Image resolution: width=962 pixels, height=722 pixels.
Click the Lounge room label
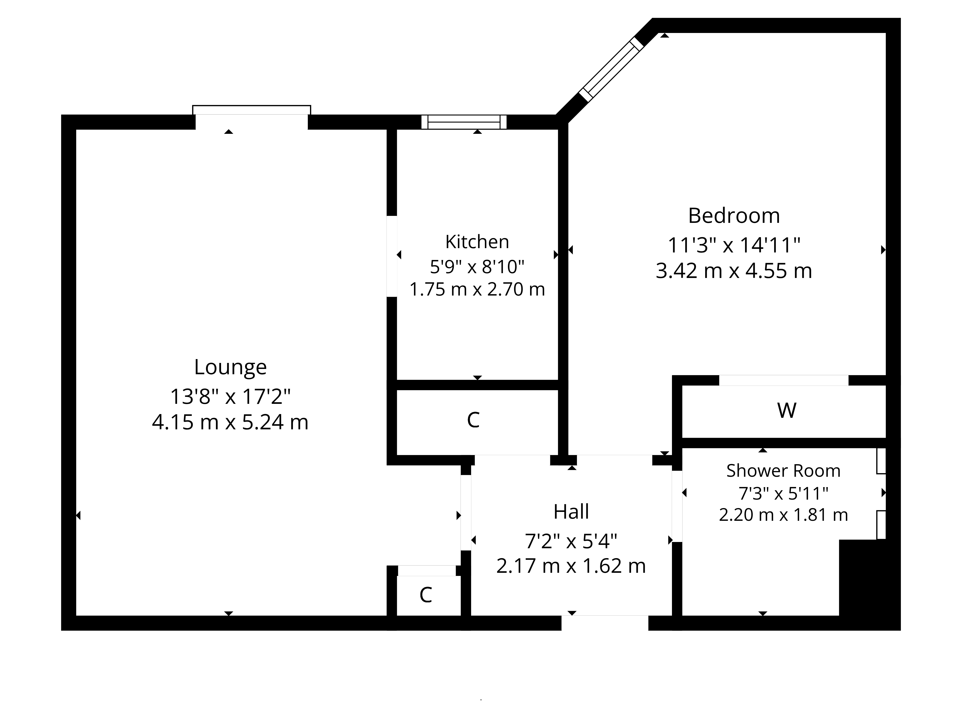click(230, 367)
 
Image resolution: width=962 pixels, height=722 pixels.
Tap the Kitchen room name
click(477, 242)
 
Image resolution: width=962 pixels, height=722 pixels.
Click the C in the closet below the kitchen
click(473, 420)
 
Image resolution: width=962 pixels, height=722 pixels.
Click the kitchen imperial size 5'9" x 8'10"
click(477, 267)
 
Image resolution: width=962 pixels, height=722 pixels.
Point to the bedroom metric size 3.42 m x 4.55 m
click(734, 271)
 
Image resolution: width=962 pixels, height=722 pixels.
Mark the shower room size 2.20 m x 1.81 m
click(783, 515)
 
